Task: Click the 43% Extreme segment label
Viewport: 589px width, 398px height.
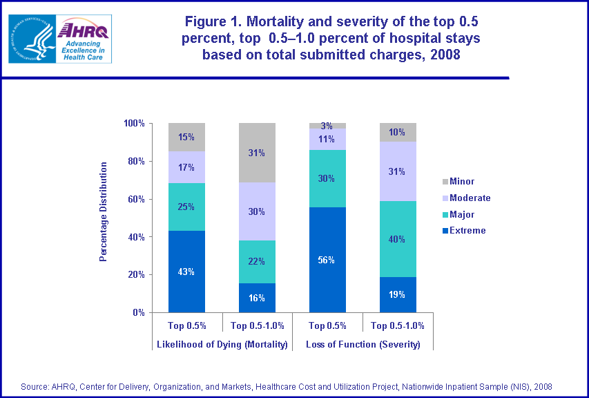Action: (x=186, y=272)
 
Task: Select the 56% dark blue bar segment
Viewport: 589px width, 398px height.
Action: (x=327, y=260)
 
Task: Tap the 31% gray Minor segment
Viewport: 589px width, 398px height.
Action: (x=257, y=153)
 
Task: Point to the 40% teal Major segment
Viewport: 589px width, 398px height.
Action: (x=398, y=239)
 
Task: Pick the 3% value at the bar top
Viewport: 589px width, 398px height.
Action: (x=327, y=126)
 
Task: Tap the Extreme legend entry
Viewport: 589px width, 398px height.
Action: (x=467, y=231)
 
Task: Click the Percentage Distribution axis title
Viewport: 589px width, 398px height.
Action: (x=104, y=211)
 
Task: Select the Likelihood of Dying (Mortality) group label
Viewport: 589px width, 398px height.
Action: (x=222, y=344)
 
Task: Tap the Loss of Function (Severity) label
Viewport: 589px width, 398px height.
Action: (x=363, y=344)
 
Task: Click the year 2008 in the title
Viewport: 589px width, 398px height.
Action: (x=441, y=55)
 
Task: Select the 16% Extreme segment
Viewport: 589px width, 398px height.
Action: (x=257, y=298)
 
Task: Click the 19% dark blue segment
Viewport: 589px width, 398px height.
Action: (x=398, y=294)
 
